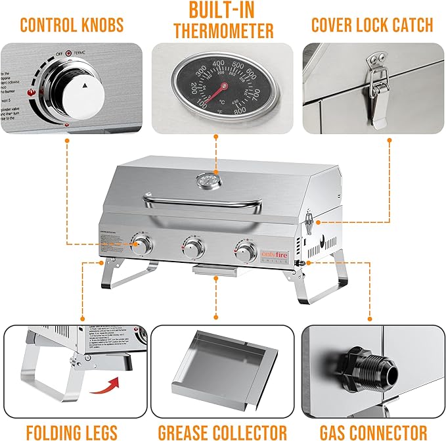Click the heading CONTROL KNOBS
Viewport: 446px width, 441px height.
(72, 25)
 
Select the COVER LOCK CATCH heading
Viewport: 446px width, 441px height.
(372, 25)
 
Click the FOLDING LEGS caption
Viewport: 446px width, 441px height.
(72, 431)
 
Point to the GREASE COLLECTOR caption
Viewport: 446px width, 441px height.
(223, 431)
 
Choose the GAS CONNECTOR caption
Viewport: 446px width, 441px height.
(372, 431)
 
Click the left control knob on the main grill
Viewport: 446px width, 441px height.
(142, 247)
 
